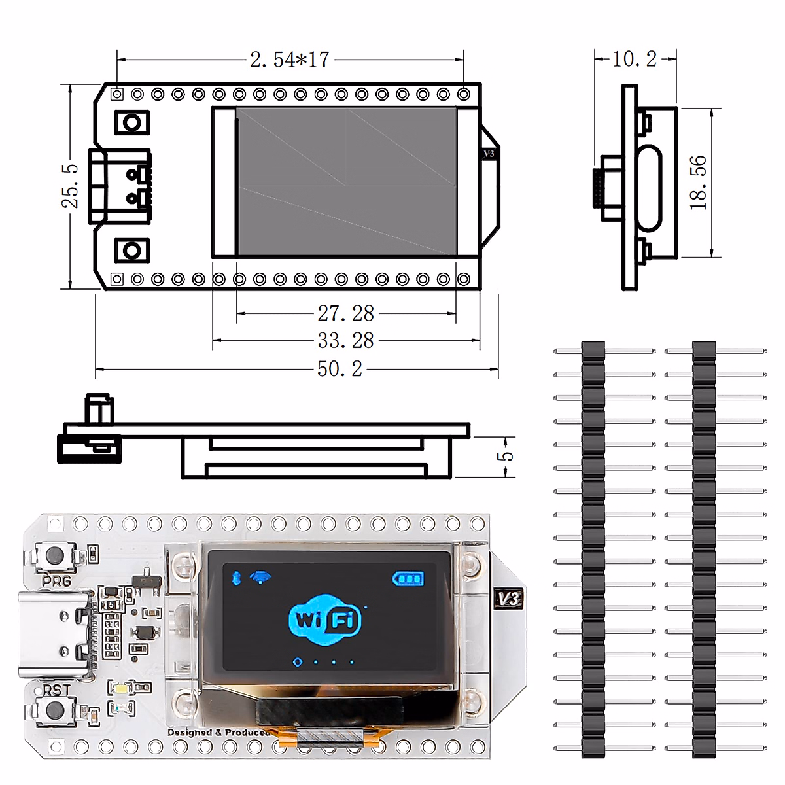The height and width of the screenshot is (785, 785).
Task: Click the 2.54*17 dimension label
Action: point(289,60)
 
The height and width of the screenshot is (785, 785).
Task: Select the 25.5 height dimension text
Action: point(70,186)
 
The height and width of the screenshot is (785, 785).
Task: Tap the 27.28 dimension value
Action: point(345,314)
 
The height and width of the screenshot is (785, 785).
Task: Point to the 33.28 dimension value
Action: point(345,341)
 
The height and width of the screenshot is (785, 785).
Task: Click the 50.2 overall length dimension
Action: point(340,369)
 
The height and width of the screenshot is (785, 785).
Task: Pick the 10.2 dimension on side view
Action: point(634,59)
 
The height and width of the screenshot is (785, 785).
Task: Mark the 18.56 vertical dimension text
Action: point(698,183)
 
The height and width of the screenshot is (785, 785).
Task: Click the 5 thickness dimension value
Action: point(506,456)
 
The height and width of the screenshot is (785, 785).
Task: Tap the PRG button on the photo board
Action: point(55,557)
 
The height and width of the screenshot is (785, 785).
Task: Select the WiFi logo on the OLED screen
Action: point(324,618)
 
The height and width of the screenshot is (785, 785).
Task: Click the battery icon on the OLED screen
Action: point(408,578)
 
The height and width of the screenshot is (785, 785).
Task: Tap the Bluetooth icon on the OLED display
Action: point(237,578)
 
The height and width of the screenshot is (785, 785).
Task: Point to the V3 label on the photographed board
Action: point(508,599)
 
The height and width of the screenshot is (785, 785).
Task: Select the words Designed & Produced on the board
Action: point(218,732)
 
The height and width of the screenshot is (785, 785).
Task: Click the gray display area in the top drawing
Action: point(346,181)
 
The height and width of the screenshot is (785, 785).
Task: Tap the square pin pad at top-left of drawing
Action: point(117,94)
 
